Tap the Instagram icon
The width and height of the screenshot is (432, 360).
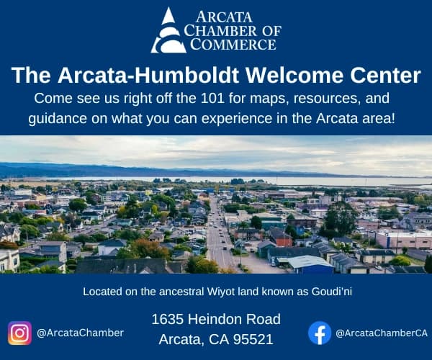pyautogui.click(x=19, y=333)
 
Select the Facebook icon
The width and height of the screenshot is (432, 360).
pyautogui.click(x=320, y=333)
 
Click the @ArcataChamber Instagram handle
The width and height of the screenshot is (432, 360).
pyautogui.click(x=80, y=333)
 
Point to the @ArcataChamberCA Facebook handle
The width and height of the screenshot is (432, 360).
pyautogui.click(x=382, y=333)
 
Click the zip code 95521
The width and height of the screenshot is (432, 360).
pyautogui.click(x=253, y=338)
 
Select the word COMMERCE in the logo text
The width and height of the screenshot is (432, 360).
pyautogui.click(x=233, y=44)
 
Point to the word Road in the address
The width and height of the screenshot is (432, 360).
pyautogui.click(x=264, y=319)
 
